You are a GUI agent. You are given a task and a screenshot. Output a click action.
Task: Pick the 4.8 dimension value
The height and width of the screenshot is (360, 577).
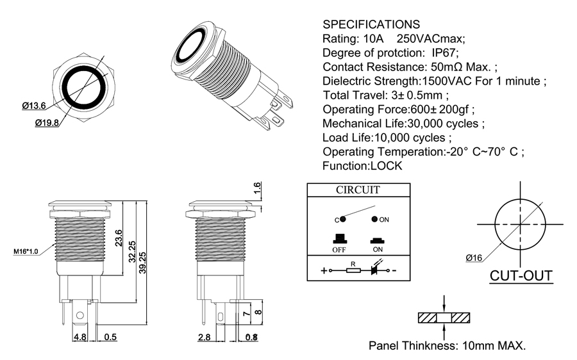coord(80,337)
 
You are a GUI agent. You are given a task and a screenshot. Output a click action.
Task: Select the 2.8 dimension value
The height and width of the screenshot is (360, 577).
coord(204,337)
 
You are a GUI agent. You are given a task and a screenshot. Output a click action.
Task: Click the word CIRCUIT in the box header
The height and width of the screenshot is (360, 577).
coord(358,190)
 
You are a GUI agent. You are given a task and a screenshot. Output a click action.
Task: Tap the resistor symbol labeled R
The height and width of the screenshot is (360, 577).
coord(353,270)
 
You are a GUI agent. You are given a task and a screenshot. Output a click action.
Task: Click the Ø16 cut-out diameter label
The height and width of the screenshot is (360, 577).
coord(474,258)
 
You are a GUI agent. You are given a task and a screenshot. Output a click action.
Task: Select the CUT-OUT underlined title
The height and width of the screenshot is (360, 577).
coord(521,276)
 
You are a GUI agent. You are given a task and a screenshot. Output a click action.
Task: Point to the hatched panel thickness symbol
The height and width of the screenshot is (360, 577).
coord(444,318)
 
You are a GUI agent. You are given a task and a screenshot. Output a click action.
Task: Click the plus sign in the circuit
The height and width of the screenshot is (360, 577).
coord(323,270)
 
